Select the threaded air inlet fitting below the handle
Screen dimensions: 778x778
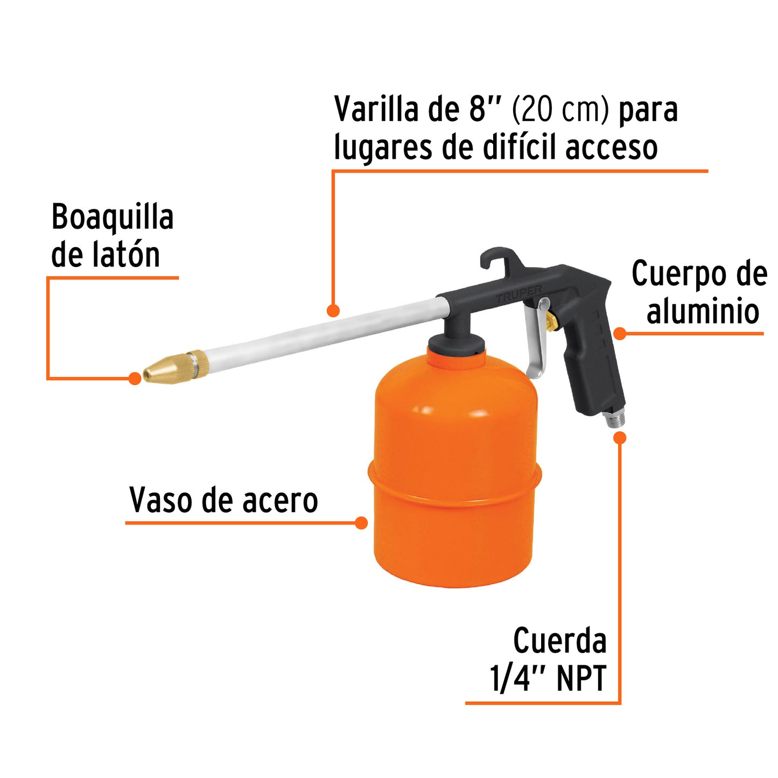coord(613,418)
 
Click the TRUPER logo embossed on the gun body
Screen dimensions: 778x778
coord(519,294)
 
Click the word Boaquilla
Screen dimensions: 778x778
coord(112,218)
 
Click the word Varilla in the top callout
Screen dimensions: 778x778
coord(376,109)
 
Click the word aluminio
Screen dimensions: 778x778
coord(703,312)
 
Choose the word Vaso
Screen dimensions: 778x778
coord(161,501)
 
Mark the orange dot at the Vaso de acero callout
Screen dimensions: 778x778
coord(362,523)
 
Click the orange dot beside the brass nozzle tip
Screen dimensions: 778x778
coord(135,379)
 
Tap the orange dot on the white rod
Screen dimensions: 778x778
coord(333,311)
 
